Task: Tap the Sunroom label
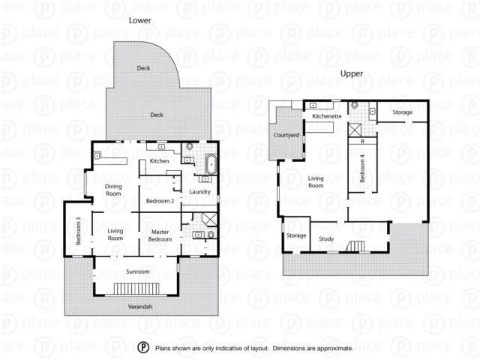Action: pyautogui.click(x=137, y=271)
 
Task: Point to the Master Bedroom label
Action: pyautogui.click(x=160, y=235)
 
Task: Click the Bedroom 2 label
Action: pyautogui.click(x=160, y=201)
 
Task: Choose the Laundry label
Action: pyautogui.click(x=200, y=192)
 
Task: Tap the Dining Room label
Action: pyautogui.click(x=113, y=190)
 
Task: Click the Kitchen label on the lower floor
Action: pyautogui.click(x=160, y=161)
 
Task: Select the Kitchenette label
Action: pyautogui.click(x=327, y=116)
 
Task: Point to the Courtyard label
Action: pyautogui.click(x=286, y=135)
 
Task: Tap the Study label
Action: pyautogui.click(x=326, y=239)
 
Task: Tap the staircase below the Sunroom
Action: pyautogui.click(x=137, y=289)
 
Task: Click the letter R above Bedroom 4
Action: pyautogui.click(x=362, y=140)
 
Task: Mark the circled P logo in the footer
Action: pyautogui.click(x=143, y=348)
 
